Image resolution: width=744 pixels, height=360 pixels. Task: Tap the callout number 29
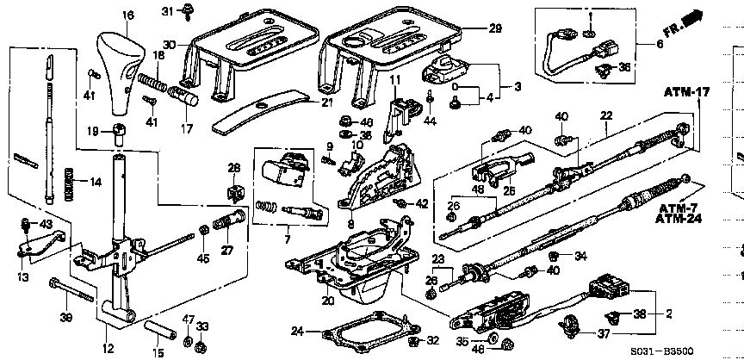pyautogui.click(x=494, y=28)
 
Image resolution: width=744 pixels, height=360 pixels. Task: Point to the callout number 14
pyautogui.click(x=96, y=181)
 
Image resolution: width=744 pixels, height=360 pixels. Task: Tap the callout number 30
pyautogui.click(x=169, y=45)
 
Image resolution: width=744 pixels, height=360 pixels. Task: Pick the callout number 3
pyautogui.click(x=518, y=87)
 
